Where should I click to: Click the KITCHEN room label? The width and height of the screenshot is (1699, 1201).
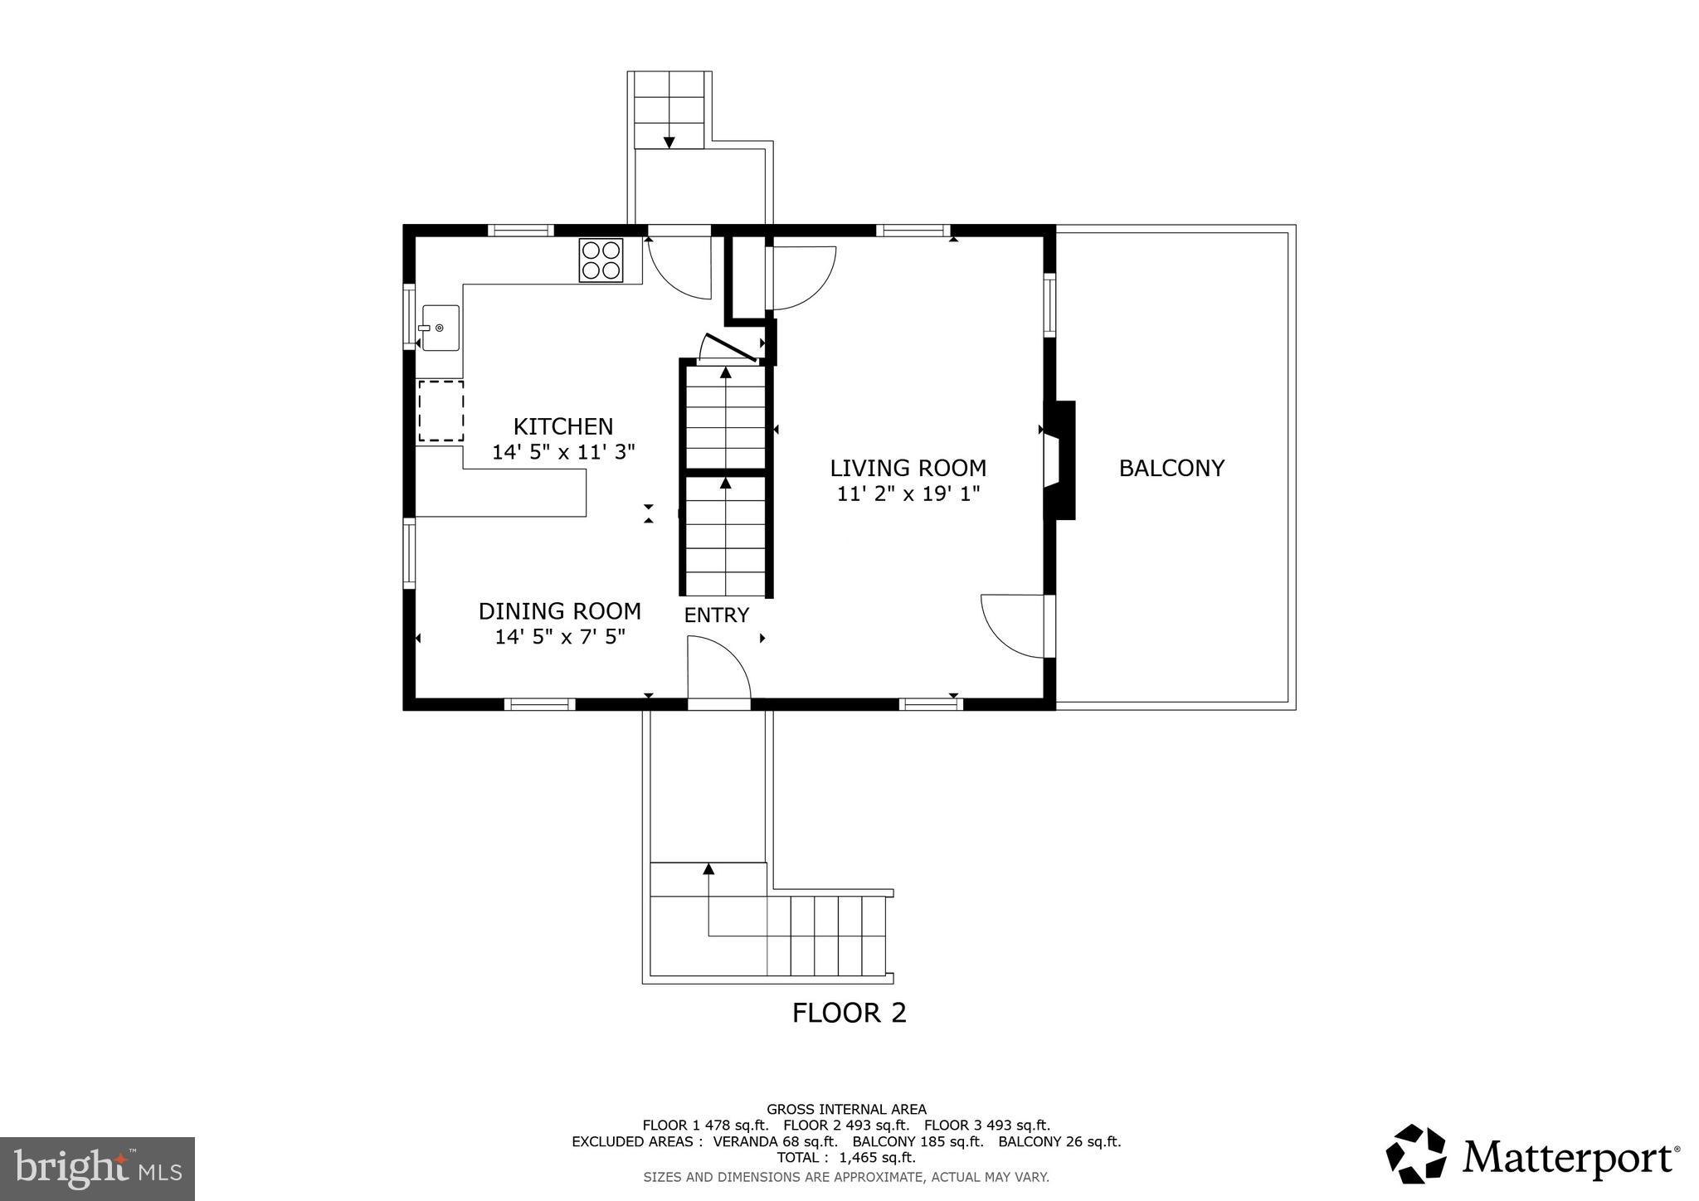(562, 426)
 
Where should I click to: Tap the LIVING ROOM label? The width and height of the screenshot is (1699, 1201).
(908, 468)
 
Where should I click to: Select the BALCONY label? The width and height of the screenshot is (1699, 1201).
(1171, 468)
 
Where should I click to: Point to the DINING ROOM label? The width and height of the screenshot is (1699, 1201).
(559, 611)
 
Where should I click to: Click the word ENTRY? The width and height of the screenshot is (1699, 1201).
(716, 615)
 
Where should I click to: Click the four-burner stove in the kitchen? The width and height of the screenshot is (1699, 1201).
(601, 260)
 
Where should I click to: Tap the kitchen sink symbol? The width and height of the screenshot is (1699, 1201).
(440, 328)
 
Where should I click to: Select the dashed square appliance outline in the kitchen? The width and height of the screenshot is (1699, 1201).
(441, 411)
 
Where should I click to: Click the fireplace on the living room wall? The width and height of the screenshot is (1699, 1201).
(1060, 460)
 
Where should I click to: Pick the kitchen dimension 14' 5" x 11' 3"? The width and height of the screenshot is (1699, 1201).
(562, 452)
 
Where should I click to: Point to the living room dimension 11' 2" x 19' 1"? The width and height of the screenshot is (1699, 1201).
(908, 494)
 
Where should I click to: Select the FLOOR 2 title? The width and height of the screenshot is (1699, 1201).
(849, 1013)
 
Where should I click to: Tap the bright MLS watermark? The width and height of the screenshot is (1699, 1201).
(97, 1169)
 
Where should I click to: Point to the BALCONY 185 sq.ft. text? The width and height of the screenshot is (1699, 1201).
(918, 1141)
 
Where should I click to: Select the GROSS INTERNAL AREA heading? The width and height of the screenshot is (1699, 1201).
(846, 1109)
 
